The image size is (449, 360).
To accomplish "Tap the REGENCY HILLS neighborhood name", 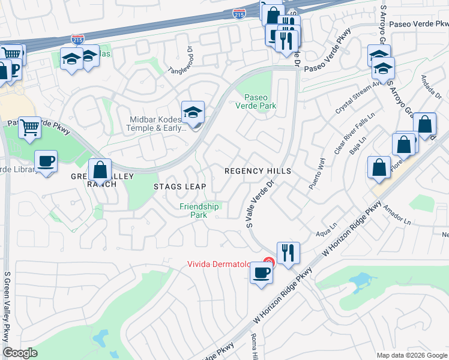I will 258,171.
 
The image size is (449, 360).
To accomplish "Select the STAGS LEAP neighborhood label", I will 179,187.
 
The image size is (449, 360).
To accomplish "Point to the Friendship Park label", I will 199,211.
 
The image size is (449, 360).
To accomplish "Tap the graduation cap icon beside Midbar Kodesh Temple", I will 193,113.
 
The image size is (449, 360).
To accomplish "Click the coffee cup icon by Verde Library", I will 46,161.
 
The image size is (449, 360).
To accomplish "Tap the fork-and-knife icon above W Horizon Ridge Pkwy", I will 288,252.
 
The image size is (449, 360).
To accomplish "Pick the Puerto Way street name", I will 317,174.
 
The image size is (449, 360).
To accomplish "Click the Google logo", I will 20,353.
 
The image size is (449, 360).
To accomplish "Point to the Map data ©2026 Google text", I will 411,355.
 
